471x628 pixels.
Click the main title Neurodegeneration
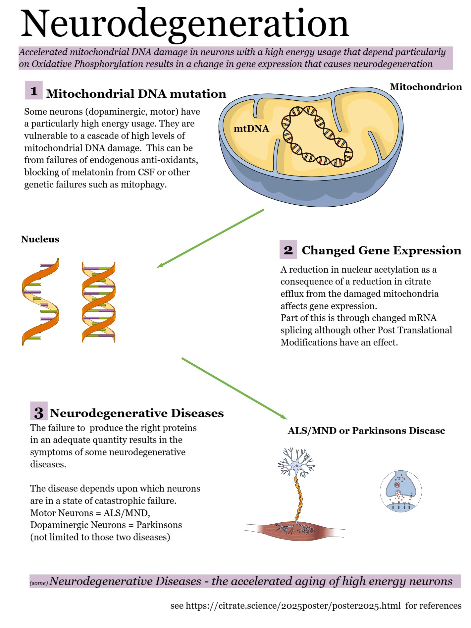point(184,24)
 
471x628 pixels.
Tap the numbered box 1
point(34,90)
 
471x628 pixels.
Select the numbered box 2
point(288,250)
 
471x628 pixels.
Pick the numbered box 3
point(39,412)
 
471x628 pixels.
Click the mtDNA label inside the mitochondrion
point(251,129)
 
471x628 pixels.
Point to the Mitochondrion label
point(426,87)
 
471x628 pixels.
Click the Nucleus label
point(40,239)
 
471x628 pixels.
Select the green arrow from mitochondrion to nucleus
point(211,238)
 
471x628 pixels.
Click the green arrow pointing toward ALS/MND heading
point(234,388)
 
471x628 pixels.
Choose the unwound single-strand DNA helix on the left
point(40,301)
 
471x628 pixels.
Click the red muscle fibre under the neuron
point(295,530)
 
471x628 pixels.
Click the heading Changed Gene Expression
point(381,250)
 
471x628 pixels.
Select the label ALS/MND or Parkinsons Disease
point(366,431)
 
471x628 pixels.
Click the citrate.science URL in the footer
point(293,606)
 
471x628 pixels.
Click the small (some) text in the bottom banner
point(39,583)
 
